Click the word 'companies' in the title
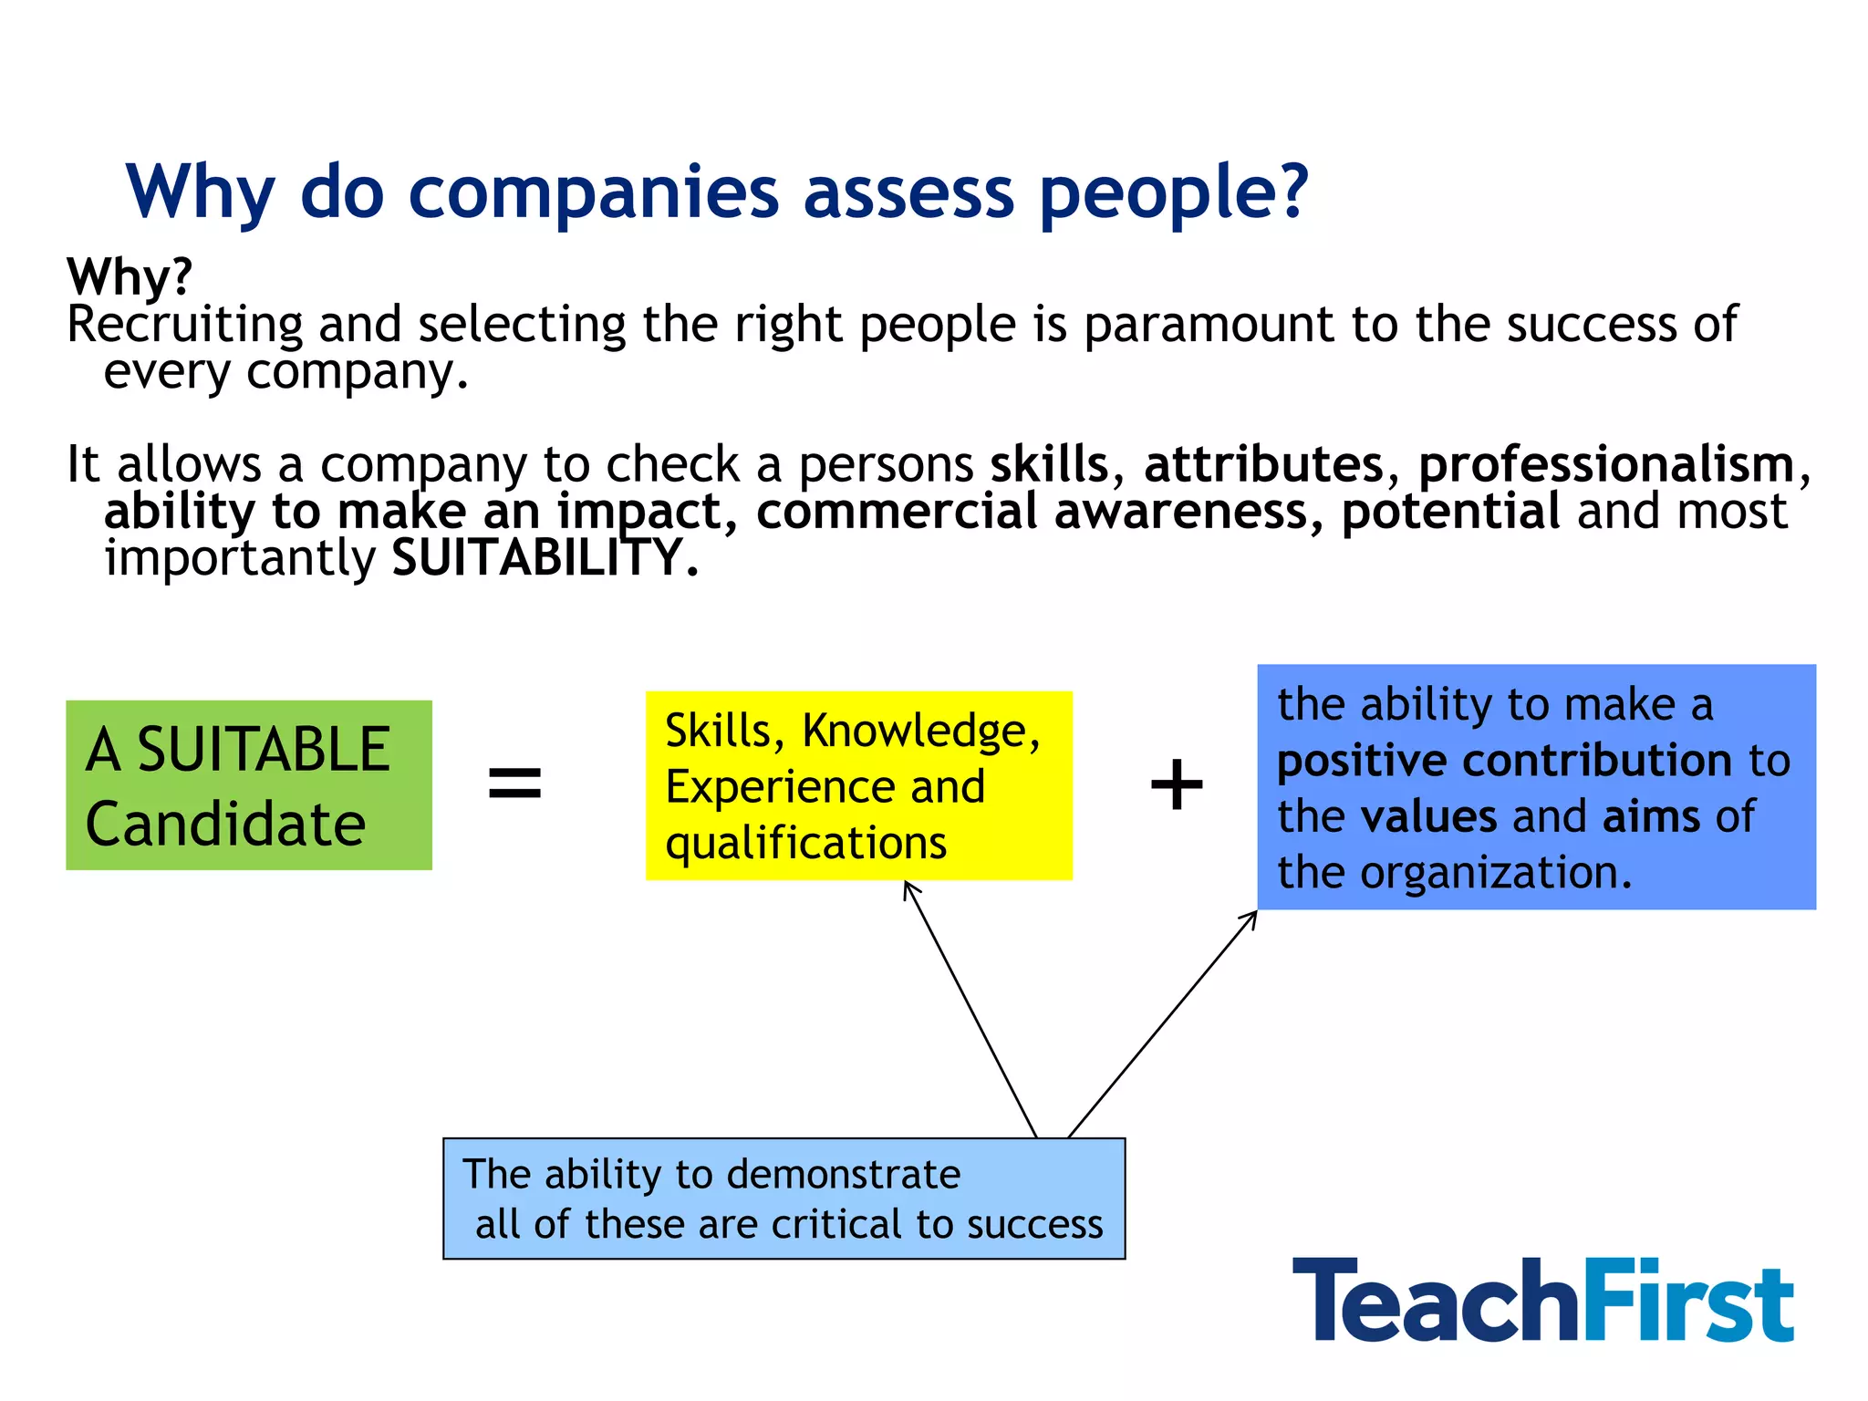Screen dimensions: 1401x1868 tap(593, 193)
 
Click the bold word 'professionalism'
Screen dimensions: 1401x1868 tap(1606, 464)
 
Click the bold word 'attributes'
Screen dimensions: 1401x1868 tap(1264, 464)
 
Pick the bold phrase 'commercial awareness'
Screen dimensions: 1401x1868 tap(1033, 511)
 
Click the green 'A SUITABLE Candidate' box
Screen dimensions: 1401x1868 tap(248, 785)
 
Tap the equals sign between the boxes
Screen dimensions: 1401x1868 tap(515, 784)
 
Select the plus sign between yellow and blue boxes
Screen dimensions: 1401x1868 tap(1177, 784)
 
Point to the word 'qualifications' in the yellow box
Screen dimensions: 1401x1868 tap(806, 843)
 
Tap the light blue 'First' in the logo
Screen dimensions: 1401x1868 tap(1687, 1300)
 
